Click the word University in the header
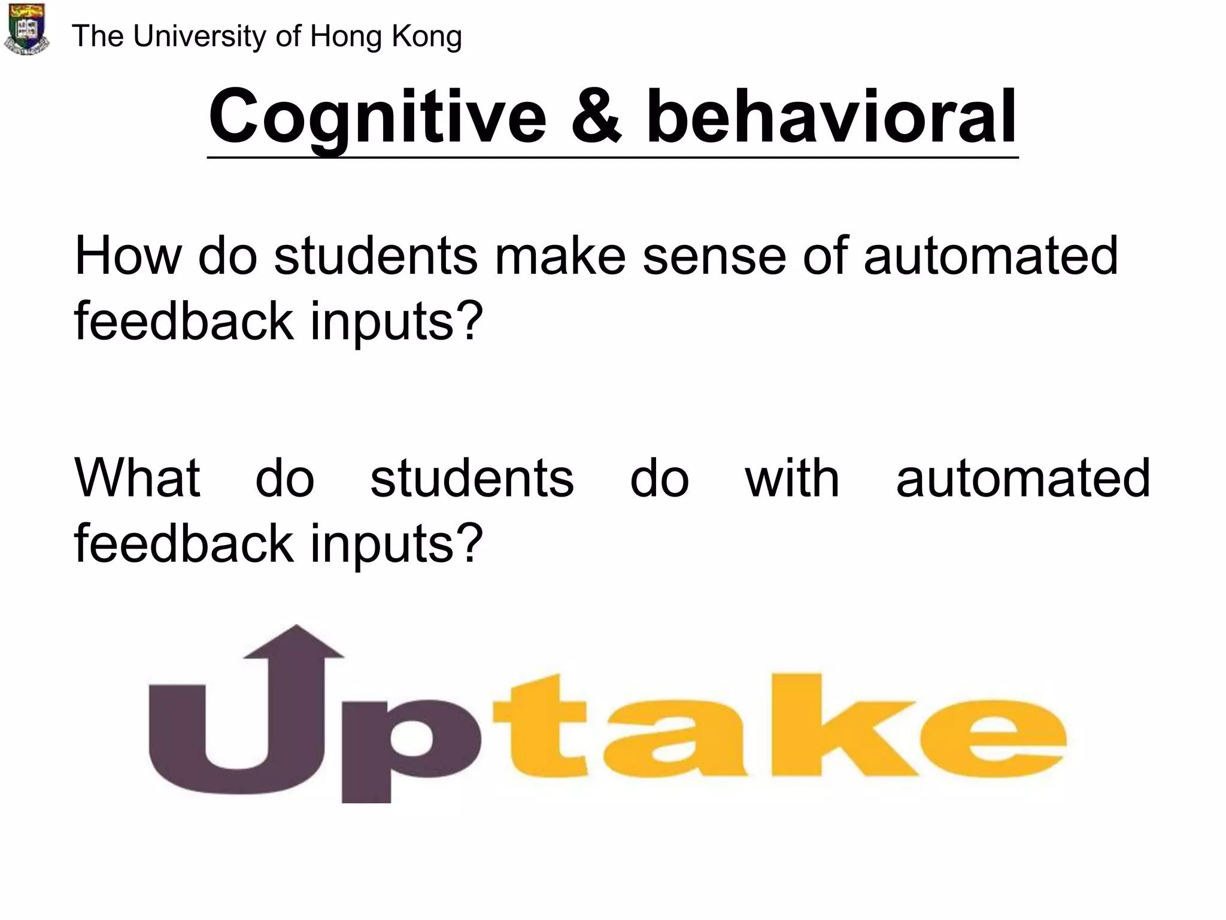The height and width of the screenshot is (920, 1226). [199, 37]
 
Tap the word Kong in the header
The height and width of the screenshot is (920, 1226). [426, 37]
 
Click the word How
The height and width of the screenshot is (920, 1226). [128, 256]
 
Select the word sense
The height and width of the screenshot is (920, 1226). [714, 256]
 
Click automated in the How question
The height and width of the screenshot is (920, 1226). [991, 256]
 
